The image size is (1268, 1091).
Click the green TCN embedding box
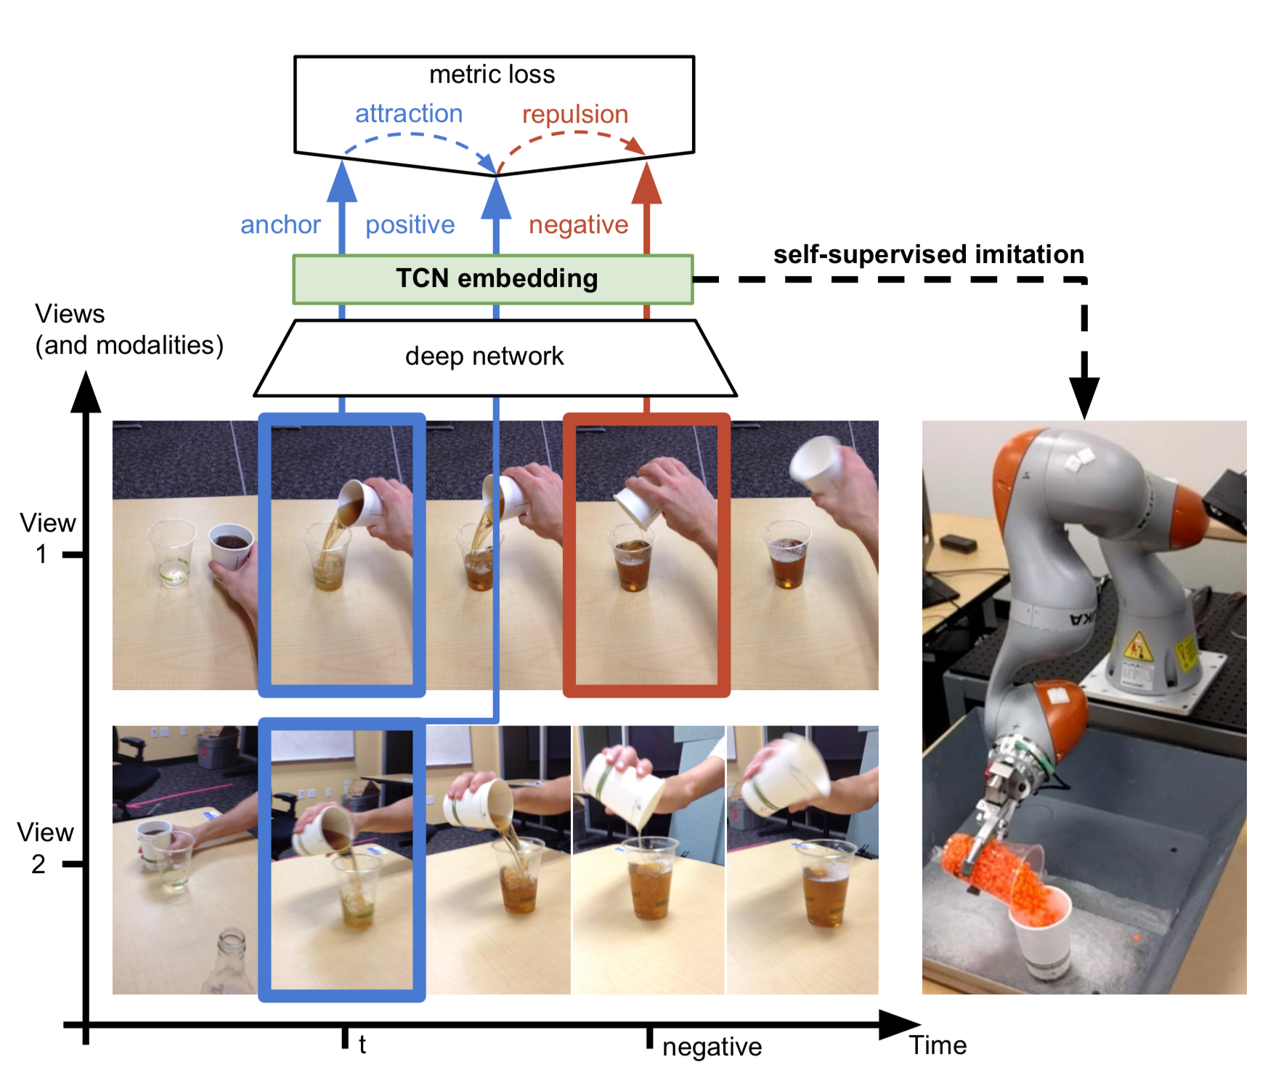(493, 279)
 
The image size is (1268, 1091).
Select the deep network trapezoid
(495, 357)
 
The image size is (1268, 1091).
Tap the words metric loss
(492, 74)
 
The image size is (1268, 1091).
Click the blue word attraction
(408, 113)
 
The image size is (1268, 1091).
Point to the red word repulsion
(575, 114)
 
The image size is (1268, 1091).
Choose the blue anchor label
(280, 224)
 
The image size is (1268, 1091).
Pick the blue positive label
(410, 225)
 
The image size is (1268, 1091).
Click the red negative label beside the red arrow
(578, 225)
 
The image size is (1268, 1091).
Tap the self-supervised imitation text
(928, 254)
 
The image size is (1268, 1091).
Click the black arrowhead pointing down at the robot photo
(1084, 397)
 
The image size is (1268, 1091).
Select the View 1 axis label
(47, 538)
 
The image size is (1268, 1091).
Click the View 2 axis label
(45, 847)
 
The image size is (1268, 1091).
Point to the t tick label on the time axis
(362, 1045)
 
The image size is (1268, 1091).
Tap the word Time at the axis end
(938, 1045)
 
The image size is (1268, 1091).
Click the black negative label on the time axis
(712, 1047)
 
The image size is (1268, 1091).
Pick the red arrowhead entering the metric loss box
(646, 183)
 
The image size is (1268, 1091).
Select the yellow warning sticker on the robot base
(1138, 646)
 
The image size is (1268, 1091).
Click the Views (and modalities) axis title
(129, 330)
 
